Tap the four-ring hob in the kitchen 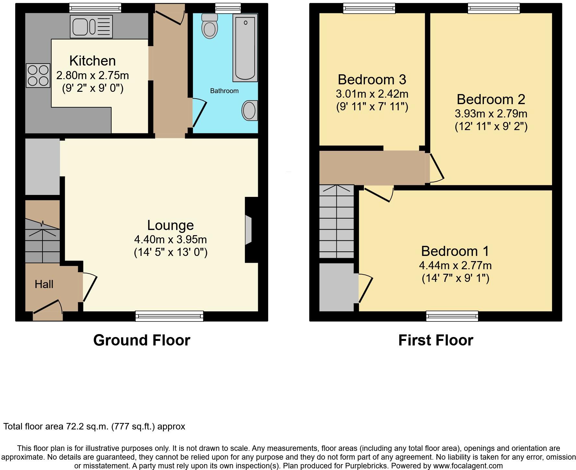coord(38,76)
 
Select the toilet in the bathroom coord(210,26)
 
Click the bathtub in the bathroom coord(245,47)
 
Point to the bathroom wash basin coord(250,110)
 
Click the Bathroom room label coord(224,91)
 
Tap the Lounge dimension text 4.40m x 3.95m coord(170,239)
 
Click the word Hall coord(44,284)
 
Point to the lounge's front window coord(169,316)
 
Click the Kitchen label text coord(92,61)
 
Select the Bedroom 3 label coord(372,79)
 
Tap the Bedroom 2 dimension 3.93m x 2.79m coord(491,114)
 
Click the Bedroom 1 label coord(455,251)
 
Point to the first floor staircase coord(336,222)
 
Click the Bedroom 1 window coord(452,316)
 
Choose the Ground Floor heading coord(141,340)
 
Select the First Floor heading coord(435,340)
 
